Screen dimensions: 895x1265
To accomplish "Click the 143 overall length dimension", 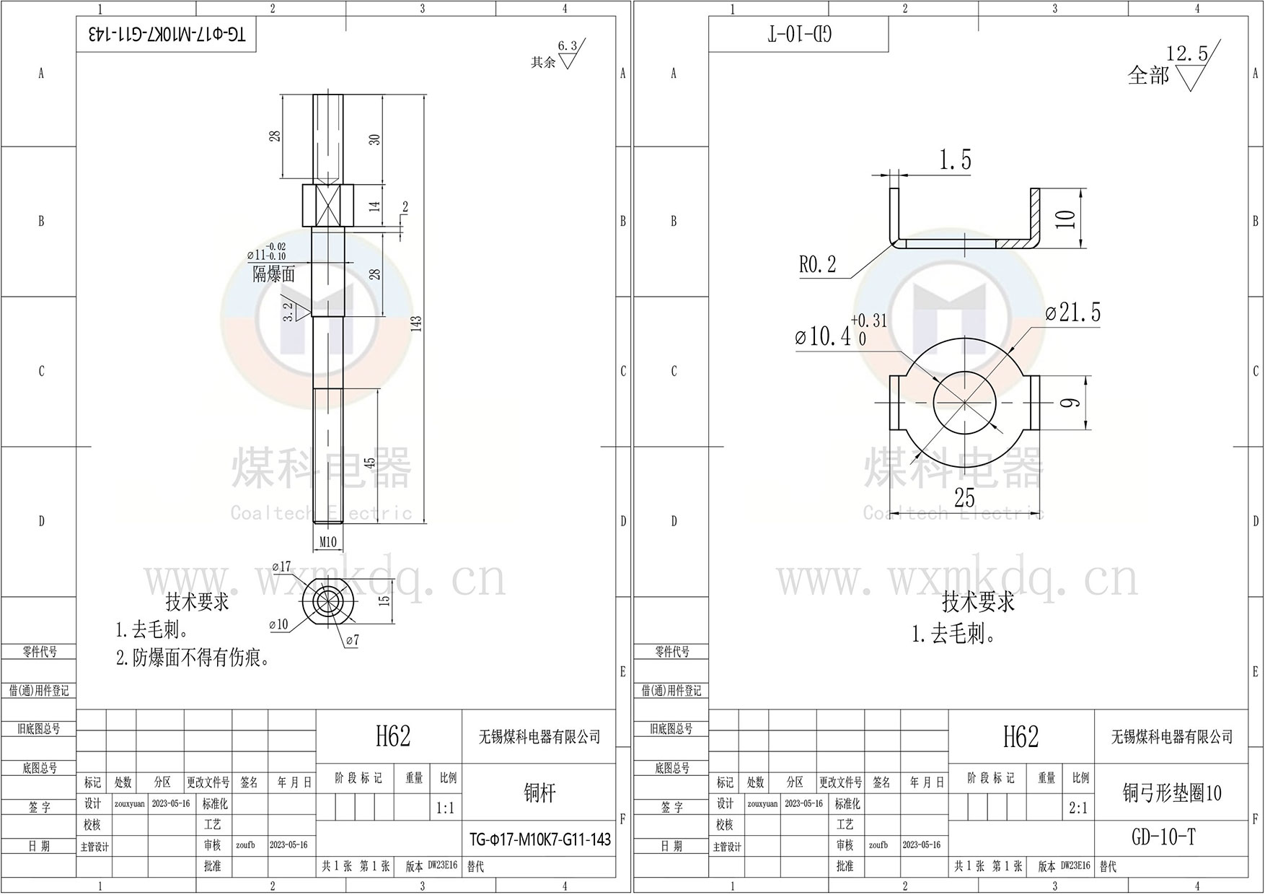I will click(416, 323).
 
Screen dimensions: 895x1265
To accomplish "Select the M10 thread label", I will click(328, 542).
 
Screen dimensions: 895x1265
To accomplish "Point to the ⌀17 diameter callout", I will click(281, 567).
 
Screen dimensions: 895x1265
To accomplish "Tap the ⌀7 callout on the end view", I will click(352, 640).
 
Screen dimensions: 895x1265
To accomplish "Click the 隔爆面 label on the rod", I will click(273, 274).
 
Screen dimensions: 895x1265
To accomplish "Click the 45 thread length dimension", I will click(370, 463).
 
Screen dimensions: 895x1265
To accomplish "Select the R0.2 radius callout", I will click(817, 265).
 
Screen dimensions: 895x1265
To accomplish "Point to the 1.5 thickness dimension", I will click(955, 160).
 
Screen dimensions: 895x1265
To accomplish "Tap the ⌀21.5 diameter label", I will click(1073, 313).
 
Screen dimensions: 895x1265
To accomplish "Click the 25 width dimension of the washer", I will click(964, 498).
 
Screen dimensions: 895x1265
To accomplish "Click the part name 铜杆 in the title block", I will click(539, 793).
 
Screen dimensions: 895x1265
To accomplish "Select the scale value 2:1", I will click(1078, 808).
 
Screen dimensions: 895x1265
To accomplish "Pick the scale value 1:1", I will click(446, 808).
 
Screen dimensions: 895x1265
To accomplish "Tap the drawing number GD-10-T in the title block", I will click(1163, 837).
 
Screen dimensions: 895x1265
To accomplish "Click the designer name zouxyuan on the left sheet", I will click(130, 804).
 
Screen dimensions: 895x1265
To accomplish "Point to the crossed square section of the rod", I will click(327, 205).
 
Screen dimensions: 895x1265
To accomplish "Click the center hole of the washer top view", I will click(964, 402).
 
